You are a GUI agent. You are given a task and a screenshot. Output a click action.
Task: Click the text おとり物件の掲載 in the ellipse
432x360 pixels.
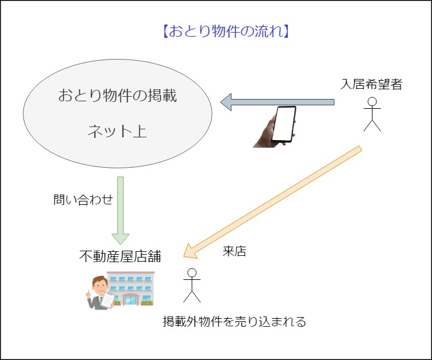[117, 96]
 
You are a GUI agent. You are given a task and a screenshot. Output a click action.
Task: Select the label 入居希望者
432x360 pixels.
[371, 85]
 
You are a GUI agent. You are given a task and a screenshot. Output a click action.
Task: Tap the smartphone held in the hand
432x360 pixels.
[284, 124]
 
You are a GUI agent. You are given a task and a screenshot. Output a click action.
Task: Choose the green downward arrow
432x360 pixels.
[120, 206]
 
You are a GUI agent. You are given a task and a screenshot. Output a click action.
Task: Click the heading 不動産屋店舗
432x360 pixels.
[120, 256]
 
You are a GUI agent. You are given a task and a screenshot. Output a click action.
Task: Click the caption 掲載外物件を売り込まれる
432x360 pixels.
[235, 321]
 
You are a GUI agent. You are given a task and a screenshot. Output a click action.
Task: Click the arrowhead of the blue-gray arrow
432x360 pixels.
[226, 102]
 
